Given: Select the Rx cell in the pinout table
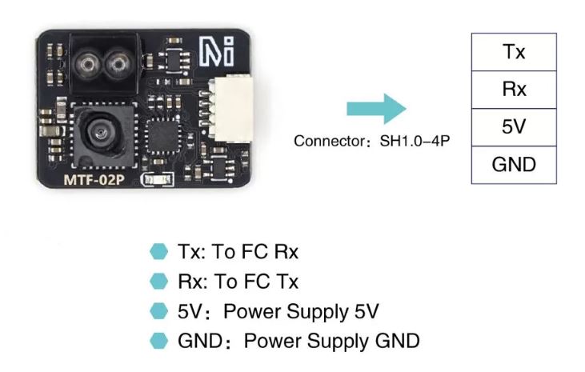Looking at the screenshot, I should click(x=514, y=90).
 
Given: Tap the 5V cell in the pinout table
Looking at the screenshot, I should click(x=514, y=127).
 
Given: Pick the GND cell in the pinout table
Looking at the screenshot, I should click(x=514, y=165).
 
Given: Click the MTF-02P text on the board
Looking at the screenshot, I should click(x=94, y=179).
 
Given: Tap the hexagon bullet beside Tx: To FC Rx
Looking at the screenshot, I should click(x=158, y=252).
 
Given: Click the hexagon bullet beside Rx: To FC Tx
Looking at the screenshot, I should click(x=158, y=282).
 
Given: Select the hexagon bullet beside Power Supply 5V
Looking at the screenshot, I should click(x=158, y=311).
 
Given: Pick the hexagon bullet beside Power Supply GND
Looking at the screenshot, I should click(x=158, y=342).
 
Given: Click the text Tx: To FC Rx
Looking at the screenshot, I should click(x=237, y=252).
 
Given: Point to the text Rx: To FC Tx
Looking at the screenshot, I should click(x=237, y=282).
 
